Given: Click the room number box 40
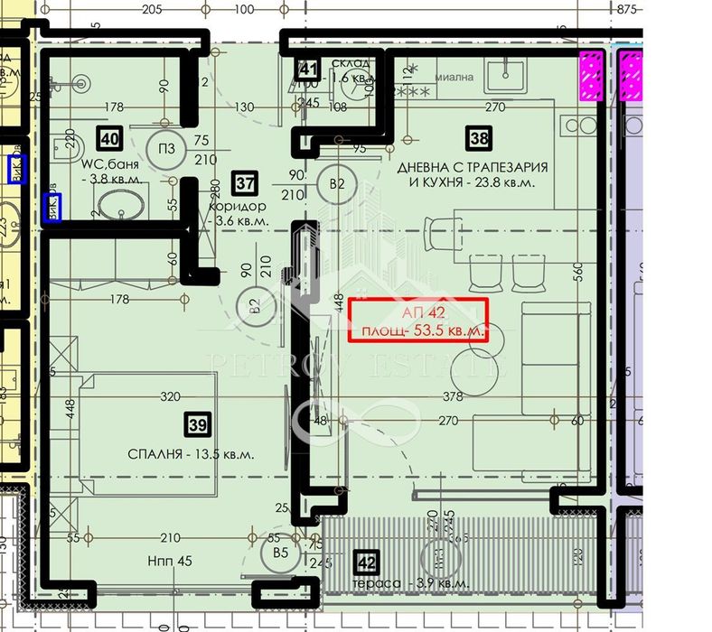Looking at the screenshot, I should point(109,138).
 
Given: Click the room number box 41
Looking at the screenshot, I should point(309,69).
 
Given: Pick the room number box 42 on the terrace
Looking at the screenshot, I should point(366,563).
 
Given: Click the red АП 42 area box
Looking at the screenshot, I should point(418,320).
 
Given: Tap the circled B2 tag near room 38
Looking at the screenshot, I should point(338,185).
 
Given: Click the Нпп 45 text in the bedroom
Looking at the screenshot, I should point(171,561).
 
